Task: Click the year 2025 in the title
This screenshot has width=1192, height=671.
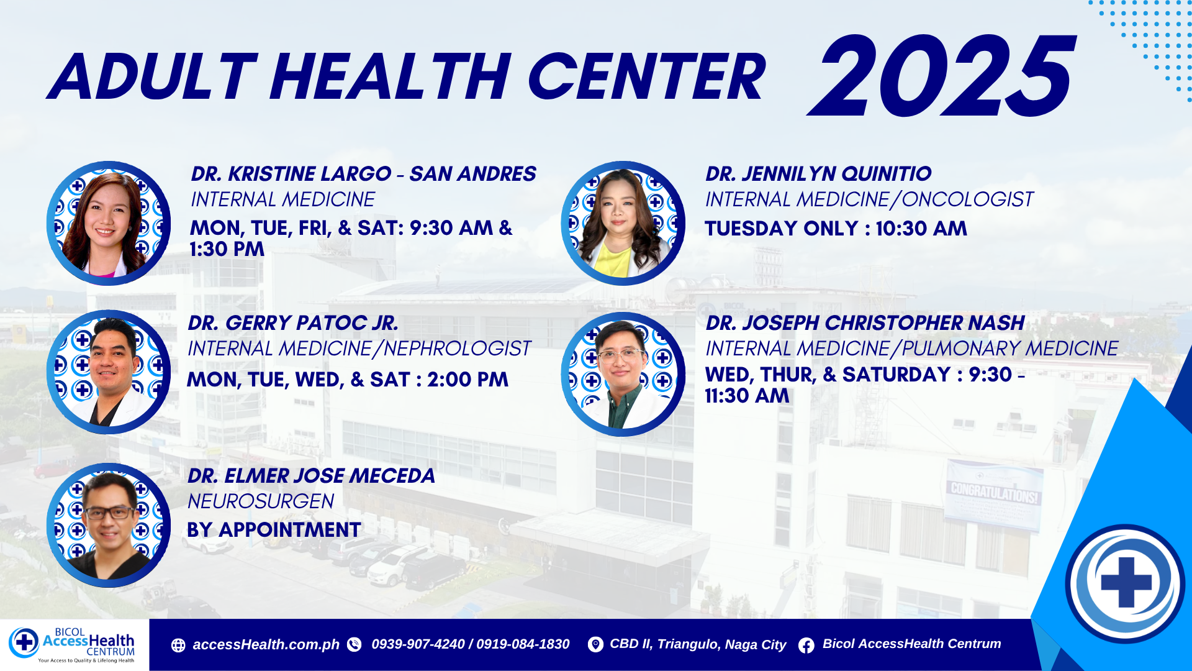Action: click(x=941, y=76)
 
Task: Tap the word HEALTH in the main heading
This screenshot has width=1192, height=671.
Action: click(x=391, y=76)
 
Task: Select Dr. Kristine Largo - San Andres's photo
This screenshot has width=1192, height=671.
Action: click(x=109, y=223)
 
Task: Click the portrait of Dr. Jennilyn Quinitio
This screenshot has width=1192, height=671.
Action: click(x=623, y=223)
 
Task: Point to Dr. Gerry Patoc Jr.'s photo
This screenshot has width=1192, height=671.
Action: click(x=109, y=372)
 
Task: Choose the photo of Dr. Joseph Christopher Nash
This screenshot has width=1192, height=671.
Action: click(x=623, y=373)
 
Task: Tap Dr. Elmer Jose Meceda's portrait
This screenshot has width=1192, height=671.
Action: click(x=109, y=525)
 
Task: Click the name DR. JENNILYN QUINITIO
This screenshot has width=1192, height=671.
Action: click(x=818, y=174)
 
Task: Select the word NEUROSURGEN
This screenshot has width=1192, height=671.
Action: click(x=261, y=501)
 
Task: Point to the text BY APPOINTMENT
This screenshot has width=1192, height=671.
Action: click(x=274, y=530)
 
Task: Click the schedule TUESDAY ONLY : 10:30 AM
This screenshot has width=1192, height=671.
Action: click(x=836, y=229)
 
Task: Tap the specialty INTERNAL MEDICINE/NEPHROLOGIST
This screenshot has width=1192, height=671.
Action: click(x=359, y=349)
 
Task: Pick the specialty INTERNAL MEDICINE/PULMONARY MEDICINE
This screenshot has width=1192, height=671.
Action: click(x=911, y=349)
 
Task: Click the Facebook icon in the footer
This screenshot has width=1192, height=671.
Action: click(x=806, y=646)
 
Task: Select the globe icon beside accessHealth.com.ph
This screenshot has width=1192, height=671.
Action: click(x=178, y=646)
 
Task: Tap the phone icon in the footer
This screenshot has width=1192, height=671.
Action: click(x=354, y=645)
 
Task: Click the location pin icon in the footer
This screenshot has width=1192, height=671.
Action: click(x=595, y=645)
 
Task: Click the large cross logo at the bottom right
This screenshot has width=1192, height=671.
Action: click(x=1126, y=583)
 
